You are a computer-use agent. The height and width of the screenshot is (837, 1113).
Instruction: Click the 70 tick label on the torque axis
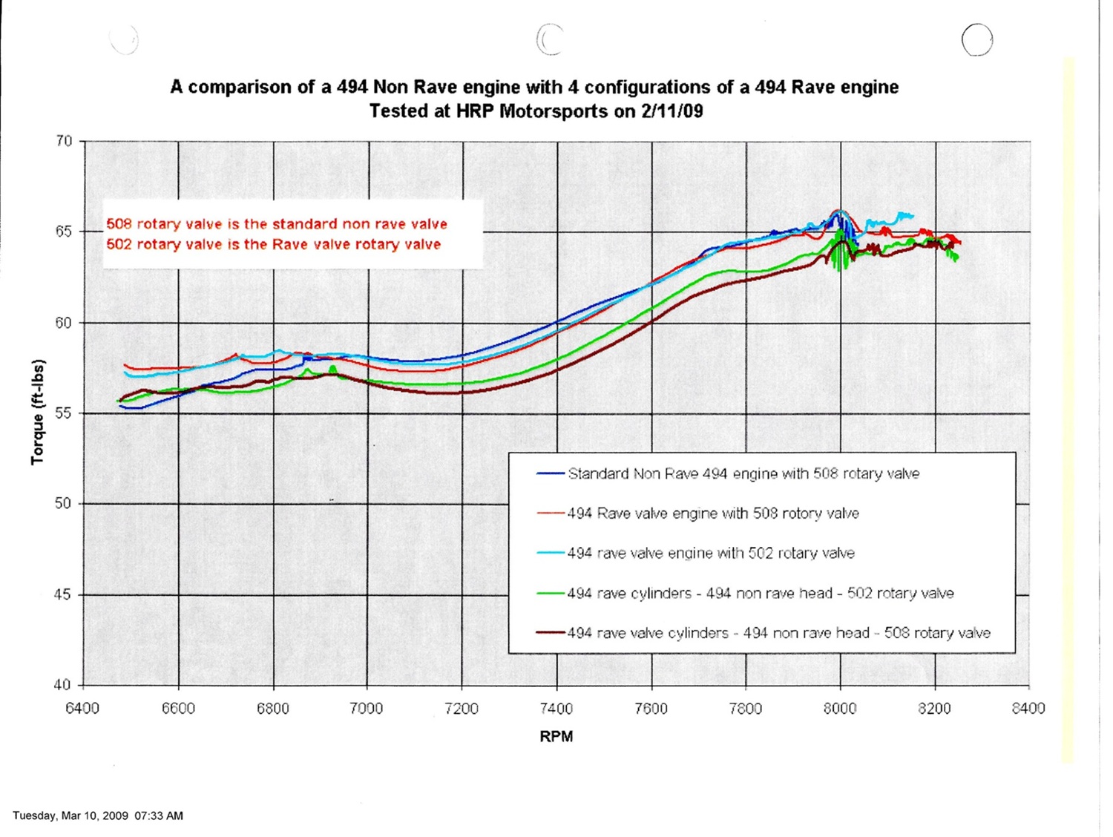(64, 141)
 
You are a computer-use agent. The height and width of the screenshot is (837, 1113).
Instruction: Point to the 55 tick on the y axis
(64, 413)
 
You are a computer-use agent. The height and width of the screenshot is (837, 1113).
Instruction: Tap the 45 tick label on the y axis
(64, 594)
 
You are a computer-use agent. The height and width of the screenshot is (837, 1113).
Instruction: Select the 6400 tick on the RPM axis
(82, 709)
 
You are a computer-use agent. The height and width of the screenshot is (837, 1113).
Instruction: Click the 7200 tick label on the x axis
(462, 709)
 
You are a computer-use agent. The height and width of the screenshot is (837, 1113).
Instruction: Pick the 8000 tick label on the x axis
(840, 709)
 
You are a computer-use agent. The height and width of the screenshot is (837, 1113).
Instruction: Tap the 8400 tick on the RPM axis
(1028, 709)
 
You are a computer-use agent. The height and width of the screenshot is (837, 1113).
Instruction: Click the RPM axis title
(556, 737)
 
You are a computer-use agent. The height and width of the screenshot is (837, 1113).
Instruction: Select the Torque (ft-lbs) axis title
(38, 413)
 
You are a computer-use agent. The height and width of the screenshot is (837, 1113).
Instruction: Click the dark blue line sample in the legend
(551, 473)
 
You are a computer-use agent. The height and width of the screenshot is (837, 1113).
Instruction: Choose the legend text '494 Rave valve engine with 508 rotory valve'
(713, 513)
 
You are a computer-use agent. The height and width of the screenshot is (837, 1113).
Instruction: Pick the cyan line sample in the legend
(551, 554)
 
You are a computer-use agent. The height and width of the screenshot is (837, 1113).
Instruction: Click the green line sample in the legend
(551, 594)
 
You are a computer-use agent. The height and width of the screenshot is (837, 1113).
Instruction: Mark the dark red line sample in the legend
(551, 633)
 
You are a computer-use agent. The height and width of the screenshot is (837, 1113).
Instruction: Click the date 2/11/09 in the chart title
(672, 111)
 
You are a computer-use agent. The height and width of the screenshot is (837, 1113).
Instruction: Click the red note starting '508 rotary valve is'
(277, 224)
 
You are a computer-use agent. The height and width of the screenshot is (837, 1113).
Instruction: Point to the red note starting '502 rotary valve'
(273, 245)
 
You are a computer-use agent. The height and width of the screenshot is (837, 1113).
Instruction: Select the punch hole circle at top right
(976, 40)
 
